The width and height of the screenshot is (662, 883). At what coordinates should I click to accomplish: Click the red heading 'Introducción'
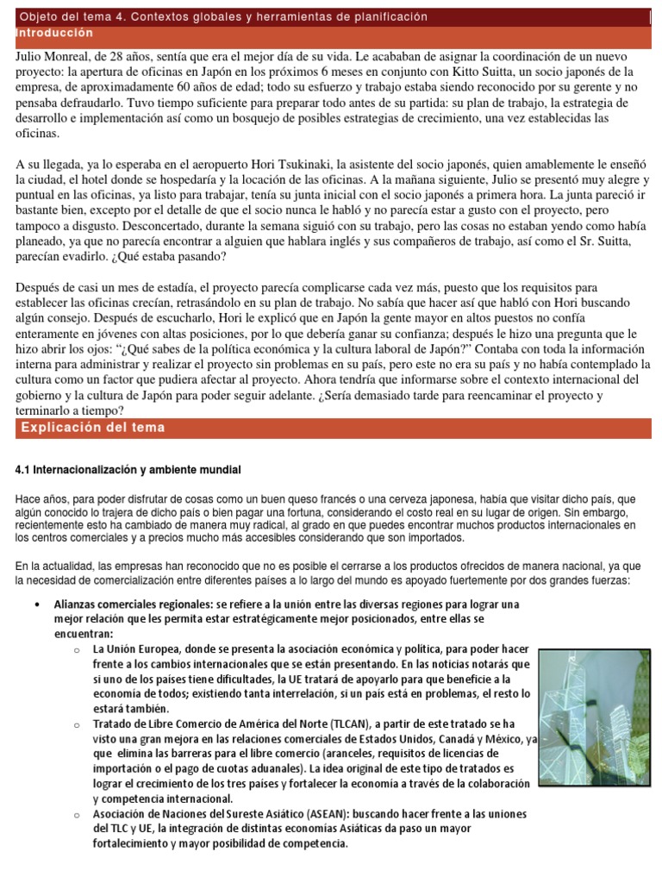point(54,32)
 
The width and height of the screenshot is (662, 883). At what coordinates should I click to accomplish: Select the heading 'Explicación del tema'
point(93,428)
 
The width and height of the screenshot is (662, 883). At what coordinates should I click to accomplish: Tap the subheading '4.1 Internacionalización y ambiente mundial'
point(129,469)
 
